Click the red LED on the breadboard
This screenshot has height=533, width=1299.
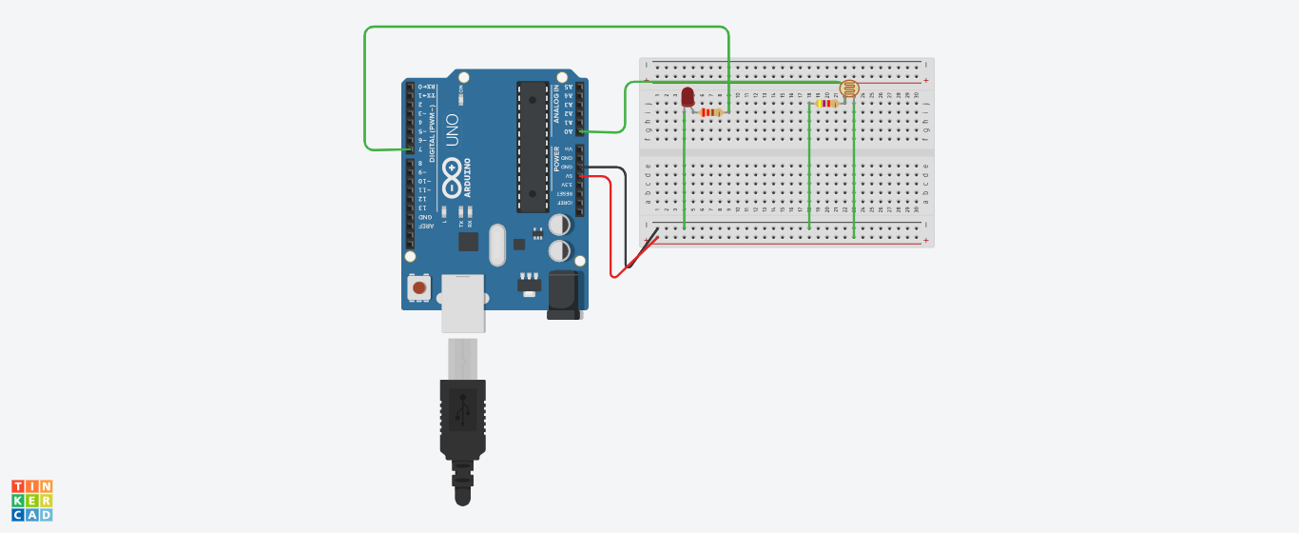click(688, 96)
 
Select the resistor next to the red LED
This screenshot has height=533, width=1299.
click(710, 112)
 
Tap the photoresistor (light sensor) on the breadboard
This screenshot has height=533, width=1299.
click(849, 89)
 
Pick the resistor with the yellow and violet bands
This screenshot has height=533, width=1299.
click(826, 104)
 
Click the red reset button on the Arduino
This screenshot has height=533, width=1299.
click(418, 286)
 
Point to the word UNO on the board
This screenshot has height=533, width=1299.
click(452, 129)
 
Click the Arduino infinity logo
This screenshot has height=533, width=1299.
click(452, 176)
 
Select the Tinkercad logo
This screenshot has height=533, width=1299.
click(31, 501)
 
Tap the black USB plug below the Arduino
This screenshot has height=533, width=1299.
click(463, 419)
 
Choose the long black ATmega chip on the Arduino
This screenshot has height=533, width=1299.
click(533, 147)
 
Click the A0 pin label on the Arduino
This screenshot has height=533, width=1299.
click(568, 131)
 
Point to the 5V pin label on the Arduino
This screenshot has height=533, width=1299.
click(568, 176)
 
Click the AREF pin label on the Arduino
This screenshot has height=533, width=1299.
click(427, 226)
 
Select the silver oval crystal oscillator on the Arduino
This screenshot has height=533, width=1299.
click(496, 245)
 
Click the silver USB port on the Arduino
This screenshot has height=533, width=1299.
click(463, 303)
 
